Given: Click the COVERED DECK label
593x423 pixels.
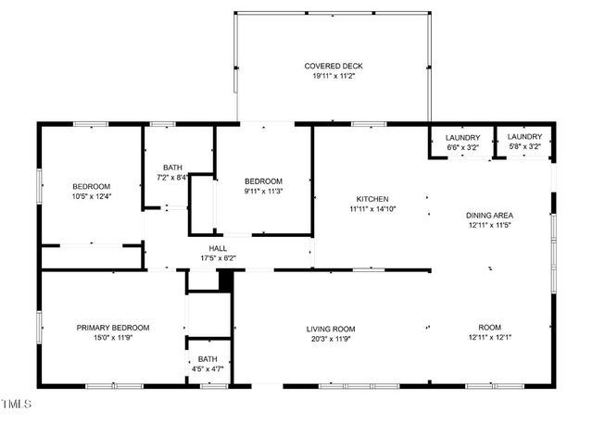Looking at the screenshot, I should click(334, 66).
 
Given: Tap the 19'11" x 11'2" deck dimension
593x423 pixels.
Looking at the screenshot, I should click(334, 77).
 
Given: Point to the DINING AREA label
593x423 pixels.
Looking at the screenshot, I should click(490, 215).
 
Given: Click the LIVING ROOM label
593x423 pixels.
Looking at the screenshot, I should click(331, 329).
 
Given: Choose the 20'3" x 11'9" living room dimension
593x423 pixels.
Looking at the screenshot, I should click(331, 340).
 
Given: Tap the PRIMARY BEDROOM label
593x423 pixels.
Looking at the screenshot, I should click(112, 328).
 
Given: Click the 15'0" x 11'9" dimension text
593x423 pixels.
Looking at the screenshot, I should click(112, 339).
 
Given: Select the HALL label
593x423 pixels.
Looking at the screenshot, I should click(219, 248).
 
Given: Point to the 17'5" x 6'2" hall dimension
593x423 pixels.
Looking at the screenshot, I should click(219, 258).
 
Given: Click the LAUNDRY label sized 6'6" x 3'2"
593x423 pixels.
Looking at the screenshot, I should click(462, 137).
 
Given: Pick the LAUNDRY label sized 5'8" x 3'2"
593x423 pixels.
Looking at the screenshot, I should click(524, 137).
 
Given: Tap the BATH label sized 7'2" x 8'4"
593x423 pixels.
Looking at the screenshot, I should click(172, 167).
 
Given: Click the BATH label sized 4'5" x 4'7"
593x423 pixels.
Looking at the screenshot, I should click(208, 359).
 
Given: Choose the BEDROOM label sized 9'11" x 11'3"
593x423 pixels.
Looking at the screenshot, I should click(263, 180).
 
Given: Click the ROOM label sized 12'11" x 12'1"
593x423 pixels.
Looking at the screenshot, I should click(490, 328).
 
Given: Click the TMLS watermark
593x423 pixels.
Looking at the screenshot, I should click(17, 404).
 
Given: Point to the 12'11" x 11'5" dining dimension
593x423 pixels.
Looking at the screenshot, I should click(490, 226).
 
